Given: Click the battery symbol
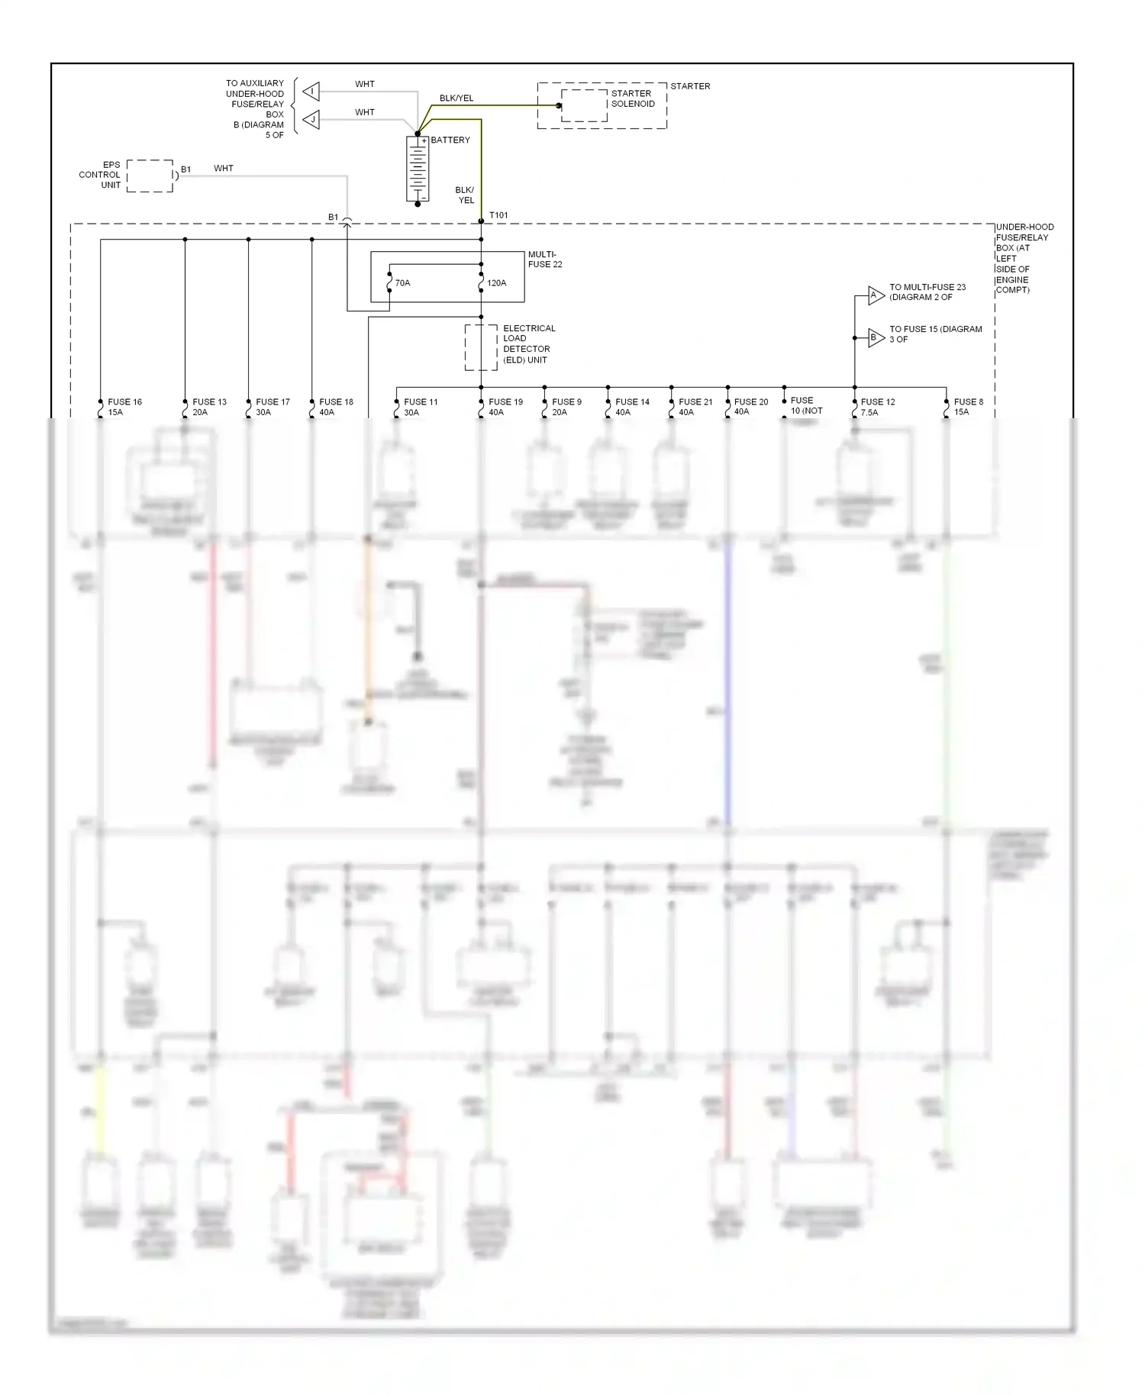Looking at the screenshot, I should click(418, 169).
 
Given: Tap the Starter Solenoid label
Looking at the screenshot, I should click(632, 98).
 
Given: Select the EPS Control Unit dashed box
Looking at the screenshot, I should click(150, 176).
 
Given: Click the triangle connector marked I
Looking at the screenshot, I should click(311, 92).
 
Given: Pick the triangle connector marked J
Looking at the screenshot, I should click(311, 120).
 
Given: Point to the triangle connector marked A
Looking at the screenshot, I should click(875, 295).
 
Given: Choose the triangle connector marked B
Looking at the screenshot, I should click(875, 337).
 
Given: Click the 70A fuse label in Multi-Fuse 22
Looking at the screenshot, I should click(402, 283).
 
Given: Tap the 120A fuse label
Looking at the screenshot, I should click(496, 283).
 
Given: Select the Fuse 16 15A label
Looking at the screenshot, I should click(124, 407).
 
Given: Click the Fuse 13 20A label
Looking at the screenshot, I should click(209, 407).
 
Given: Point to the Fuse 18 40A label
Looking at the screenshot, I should click(336, 407).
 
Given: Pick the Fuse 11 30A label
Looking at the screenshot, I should click(421, 407).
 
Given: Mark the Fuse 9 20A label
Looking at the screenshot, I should click(566, 407).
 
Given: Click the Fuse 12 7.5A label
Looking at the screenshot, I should click(877, 407).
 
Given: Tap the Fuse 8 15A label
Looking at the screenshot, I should click(968, 407).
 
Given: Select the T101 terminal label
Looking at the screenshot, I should click(498, 215).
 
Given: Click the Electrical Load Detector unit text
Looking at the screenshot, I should click(528, 344).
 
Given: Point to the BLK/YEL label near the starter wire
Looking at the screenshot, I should click(456, 98).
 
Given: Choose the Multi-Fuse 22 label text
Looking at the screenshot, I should click(545, 259).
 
